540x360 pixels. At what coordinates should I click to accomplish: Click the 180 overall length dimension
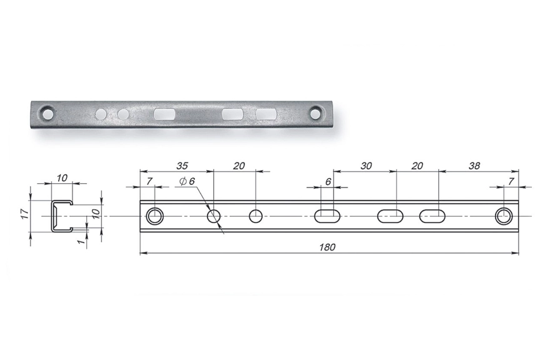(x=327, y=247)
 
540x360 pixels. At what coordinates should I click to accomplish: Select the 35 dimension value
(x=182, y=166)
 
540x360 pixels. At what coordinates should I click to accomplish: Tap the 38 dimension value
(x=474, y=166)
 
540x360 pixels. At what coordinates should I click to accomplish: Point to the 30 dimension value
(x=366, y=166)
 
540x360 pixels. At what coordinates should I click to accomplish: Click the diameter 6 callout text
(x=187, y=181)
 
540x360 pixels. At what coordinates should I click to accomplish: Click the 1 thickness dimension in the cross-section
(x=81, y=242)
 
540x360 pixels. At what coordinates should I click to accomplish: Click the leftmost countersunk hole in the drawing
(x=155, y=216)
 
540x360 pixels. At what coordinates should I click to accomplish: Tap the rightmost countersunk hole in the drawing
(x=504, y=216)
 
